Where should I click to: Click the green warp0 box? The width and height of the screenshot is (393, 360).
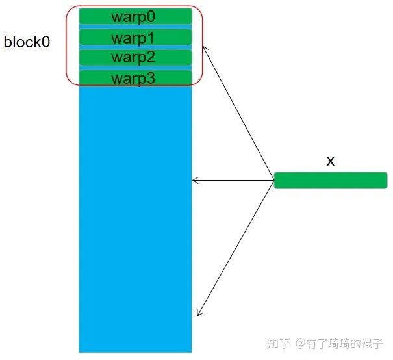(135, 16)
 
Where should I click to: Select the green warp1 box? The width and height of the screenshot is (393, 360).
(135, 38)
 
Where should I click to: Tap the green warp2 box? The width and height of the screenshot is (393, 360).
(135, 58)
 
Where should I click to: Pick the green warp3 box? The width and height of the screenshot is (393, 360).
(135, 78)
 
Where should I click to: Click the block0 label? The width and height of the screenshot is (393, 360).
(27, 43)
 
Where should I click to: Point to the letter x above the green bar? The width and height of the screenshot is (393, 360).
(330, 161)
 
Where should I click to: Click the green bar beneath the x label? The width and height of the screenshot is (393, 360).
(330, 180)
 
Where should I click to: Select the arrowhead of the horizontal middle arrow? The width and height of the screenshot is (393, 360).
(196, 180)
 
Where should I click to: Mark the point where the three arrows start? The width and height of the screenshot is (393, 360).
(273, 180)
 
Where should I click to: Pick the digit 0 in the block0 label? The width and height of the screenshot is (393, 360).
(46, 43)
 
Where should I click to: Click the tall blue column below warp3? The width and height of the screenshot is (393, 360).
(135, 214)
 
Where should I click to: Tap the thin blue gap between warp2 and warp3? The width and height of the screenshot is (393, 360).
(135, 68)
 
